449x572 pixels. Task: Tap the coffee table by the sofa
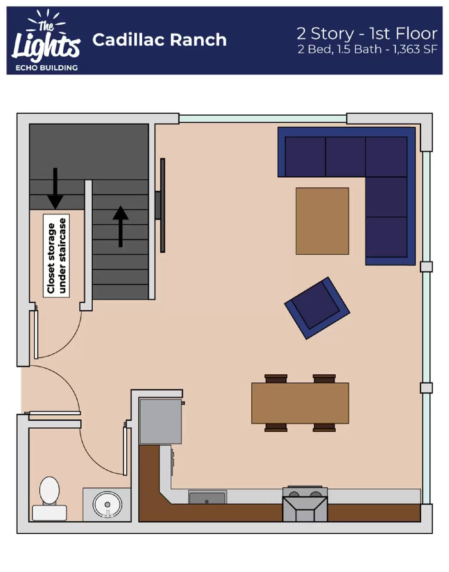point(322,221)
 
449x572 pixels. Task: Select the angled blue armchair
point(317,308)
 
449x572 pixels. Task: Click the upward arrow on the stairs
point(121,226)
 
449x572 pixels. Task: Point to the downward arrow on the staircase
point(55,188)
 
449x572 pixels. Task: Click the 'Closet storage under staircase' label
point(57,256)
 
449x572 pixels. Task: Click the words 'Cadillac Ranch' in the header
point(159,40)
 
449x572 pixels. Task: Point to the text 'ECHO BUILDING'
point(47,68)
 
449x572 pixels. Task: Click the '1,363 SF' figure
point(415,49)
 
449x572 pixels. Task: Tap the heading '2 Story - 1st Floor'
point(367,34)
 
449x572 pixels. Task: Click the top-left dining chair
point(276,379)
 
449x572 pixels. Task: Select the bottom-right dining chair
point(324,428)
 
